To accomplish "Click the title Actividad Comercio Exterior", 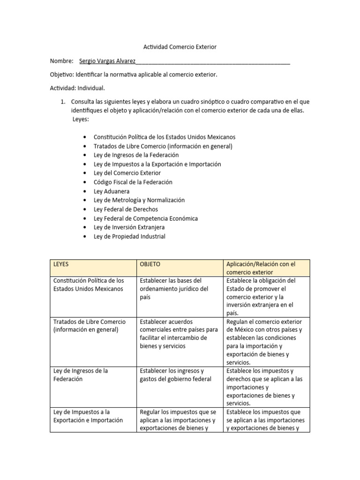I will click(180, 47).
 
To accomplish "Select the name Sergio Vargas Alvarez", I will click(107, 61).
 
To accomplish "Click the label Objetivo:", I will click(62, 75).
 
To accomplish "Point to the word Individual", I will click(90, 88).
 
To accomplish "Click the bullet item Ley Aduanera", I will click(112, 191).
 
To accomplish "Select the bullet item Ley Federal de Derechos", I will click(126, 210).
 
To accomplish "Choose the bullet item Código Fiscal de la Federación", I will click(133, 182).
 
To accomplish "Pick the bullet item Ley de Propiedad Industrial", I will click(129, 237).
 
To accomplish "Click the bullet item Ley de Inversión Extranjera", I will click(129, 227).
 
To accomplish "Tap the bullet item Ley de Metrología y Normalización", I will click(139, 200).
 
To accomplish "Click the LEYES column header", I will click(61, 264).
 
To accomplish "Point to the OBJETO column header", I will click(150, 264).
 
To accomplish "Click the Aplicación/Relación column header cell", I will click(267, 268).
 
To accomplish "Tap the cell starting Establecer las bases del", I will click(173, 289).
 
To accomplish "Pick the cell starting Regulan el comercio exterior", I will click(267, 342).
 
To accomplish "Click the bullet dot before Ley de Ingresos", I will click(84, 155).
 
